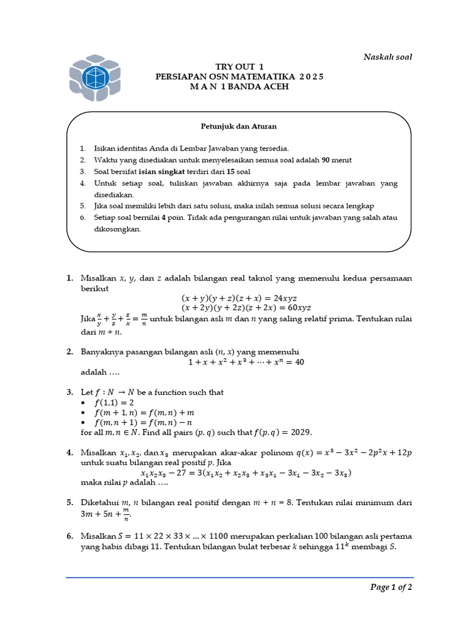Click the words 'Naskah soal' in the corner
(388, 57)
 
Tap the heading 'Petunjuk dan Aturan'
(239, 126)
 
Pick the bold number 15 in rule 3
(234, 171)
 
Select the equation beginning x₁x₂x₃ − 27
(246, 473)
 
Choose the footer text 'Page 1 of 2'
(391, 587)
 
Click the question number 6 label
(69, 536)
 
